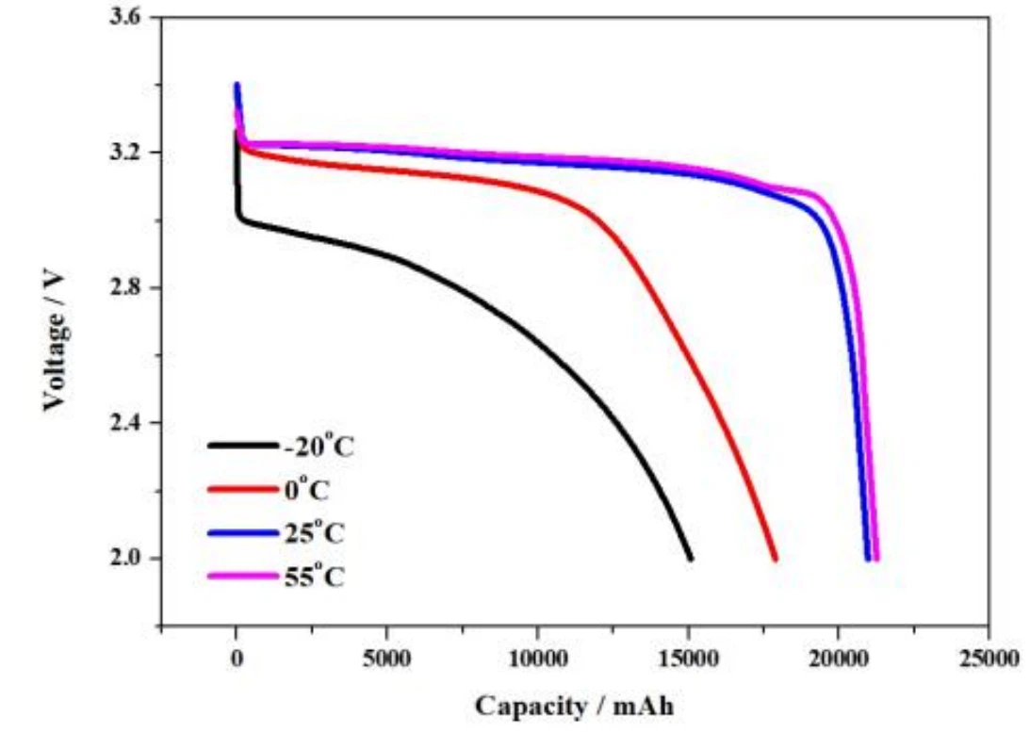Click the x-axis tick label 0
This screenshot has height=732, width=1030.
point(236,659)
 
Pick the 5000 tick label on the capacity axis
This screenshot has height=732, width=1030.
point(386,659)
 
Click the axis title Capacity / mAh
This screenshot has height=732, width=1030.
point(574,705)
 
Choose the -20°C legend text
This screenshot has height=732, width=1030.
point(319,446)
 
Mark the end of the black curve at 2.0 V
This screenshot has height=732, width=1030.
point(691,558)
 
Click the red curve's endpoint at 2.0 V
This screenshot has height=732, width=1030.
point(776,558)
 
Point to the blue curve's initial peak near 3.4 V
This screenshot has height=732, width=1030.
point(237,86)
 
